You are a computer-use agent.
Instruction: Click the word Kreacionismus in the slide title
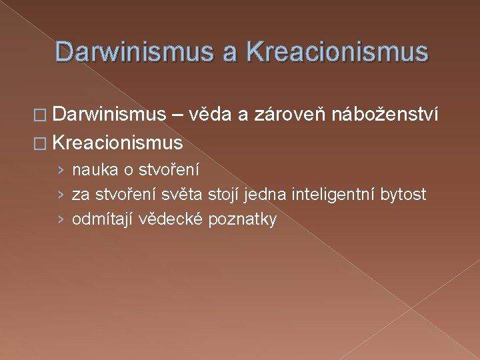click(x=337, y=51)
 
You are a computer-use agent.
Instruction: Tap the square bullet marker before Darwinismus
click(x=42, y=117)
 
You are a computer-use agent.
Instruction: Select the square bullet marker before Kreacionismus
click(x=42, y=143)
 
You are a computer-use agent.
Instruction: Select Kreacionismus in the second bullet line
click(x=117, y=142)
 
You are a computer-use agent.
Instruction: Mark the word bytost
click(x=403, y=195)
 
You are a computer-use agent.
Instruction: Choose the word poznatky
click(x=243, y=219)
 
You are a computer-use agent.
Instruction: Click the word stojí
click(x=225, y=195)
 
